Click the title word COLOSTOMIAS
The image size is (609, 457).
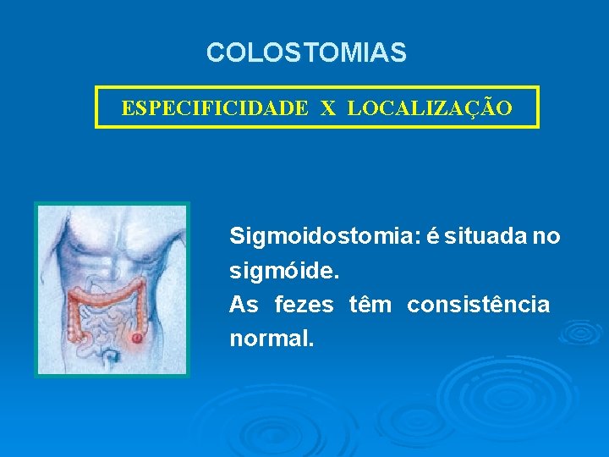coord(306,53)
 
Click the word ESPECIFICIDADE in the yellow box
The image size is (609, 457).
coord(215,108)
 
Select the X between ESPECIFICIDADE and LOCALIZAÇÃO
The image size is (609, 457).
coord(328,108)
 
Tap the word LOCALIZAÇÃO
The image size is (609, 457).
coord(429,108)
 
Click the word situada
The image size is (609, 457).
coord(483,237)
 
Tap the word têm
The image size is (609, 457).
coord(370,305)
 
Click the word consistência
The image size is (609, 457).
coord(478,305)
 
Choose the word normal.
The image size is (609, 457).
coord(271,339)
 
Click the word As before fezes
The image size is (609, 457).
coord(244,305)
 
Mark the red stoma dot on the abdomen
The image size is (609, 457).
coord(137,339)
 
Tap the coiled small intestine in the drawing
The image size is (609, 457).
coord(106,322)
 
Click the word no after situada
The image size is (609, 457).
coord(546,237)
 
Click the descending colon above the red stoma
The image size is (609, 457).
coord(139,309)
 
